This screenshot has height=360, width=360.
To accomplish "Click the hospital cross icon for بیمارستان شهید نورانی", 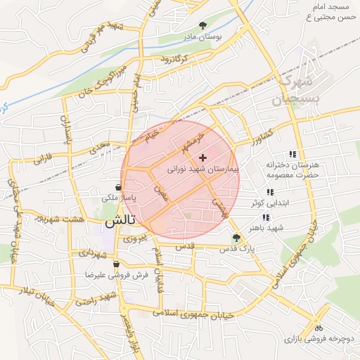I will (x=203, y=158).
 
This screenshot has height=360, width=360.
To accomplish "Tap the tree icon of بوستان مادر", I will (x=204, y=25).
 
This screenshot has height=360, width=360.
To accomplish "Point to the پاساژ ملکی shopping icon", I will (x=117, y=188).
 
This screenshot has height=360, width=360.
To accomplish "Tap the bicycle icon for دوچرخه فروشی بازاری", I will (x=319, y=328).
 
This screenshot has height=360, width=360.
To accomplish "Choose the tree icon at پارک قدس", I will (x=236, y=238).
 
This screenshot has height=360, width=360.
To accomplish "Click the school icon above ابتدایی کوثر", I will (x=269, y=192).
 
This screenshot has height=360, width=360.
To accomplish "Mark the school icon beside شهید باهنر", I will (x=266, y=217).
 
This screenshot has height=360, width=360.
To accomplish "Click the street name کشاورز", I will (x=259, y=137).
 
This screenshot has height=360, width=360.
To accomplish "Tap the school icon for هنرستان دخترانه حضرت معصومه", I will (x=292, y=155).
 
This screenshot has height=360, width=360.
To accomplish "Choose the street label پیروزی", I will (x=135, y=239).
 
